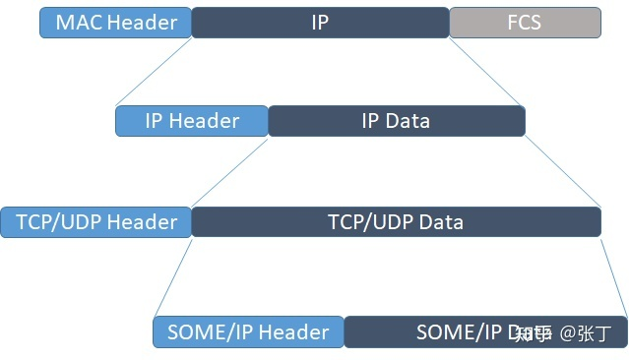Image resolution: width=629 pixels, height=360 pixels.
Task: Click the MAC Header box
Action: tap(115, 23)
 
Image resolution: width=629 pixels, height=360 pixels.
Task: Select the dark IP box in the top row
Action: tap(320, 23)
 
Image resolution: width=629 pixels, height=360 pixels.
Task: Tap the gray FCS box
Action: tap(525, 23)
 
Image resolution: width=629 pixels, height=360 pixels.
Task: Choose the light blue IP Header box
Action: tap(192, 121)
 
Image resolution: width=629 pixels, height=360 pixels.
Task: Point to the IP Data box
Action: tap(396, 121)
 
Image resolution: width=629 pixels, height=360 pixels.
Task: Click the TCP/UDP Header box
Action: tap(96, 221)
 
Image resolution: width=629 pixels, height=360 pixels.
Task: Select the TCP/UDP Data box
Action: tap(396, 221)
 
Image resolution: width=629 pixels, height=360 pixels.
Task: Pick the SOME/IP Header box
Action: tap(248, 331)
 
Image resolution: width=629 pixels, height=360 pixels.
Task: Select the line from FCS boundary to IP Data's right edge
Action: tap(487, 72)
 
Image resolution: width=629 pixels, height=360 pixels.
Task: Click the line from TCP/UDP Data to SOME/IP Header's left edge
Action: tap(173, 276)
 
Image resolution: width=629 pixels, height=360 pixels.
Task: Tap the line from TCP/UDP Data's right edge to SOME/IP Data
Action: tap(613, 276)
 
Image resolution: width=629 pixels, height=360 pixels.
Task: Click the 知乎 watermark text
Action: tap(535, 333)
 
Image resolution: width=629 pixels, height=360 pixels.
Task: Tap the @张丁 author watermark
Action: tap(586, 333)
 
